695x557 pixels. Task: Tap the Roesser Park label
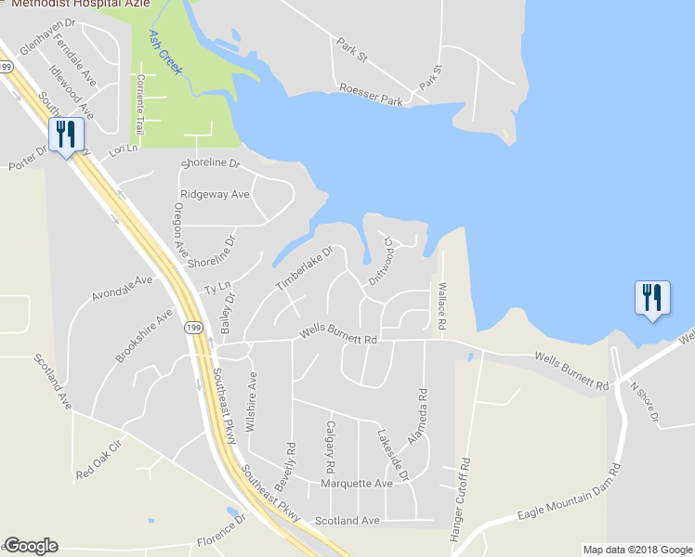point(372,95)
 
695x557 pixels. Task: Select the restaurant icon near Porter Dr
point(64,136)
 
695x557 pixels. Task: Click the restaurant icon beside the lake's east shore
point(650,298)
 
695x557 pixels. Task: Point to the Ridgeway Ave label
point(215,195)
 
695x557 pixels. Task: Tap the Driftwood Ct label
point(382,259)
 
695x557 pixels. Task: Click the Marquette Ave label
point(357,484)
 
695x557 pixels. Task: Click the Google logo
point(32,546)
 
